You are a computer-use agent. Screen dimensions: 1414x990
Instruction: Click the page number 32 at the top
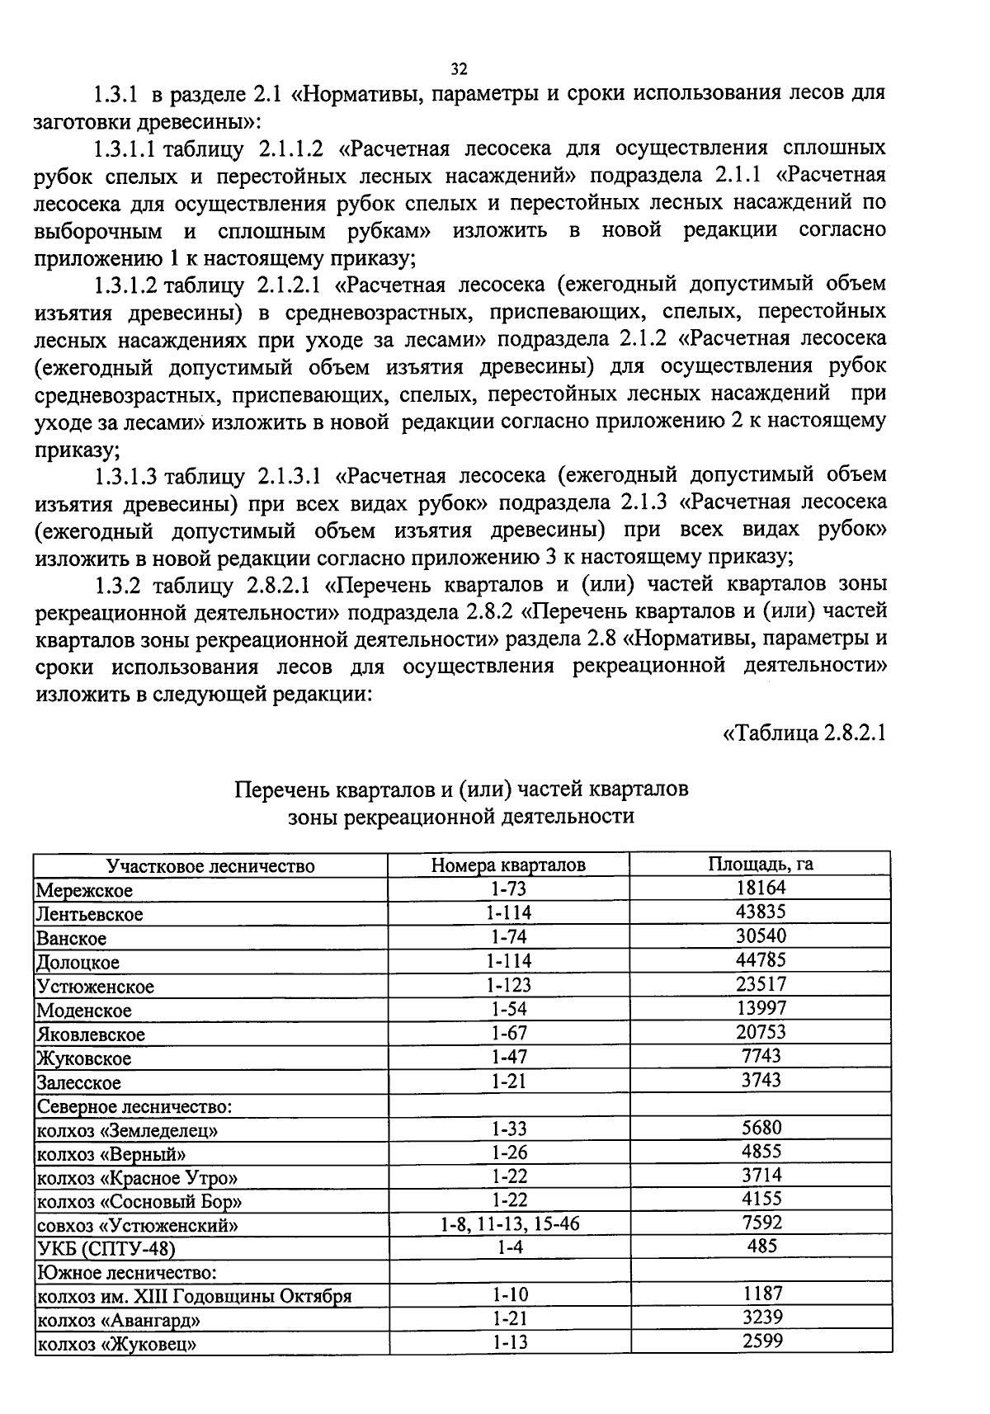pos(460,68)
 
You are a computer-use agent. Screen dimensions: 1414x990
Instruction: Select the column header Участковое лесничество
pos(210,865)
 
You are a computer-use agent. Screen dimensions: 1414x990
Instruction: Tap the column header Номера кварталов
pos(508,865)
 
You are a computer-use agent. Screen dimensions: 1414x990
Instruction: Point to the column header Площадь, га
pos(761,864)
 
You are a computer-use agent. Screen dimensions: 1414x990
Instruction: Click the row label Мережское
pos(84,890)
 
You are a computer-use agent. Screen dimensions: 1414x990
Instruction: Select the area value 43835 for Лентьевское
pos(761,912)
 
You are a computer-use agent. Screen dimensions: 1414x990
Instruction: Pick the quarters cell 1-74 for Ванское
pos(508,937)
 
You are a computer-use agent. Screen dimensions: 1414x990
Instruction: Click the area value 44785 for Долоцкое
pos(761,959)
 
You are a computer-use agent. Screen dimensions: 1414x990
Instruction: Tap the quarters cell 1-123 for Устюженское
pos(508,985)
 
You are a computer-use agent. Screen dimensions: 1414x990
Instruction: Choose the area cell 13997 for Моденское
pos(761,1007)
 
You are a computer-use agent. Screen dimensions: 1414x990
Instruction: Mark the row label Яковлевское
pos(91,1035)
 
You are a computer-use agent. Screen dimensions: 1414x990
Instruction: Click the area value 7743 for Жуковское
pos(761,1055)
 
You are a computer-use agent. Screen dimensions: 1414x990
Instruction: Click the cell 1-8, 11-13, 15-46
pos(508,1223)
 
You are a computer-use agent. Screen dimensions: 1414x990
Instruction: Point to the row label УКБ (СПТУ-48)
pos(106,1249)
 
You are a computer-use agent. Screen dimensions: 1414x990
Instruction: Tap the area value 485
pos(761,1246)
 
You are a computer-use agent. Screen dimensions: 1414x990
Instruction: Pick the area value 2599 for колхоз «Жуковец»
pos(761,1341)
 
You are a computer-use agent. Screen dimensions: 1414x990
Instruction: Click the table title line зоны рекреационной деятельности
pos(461,817)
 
